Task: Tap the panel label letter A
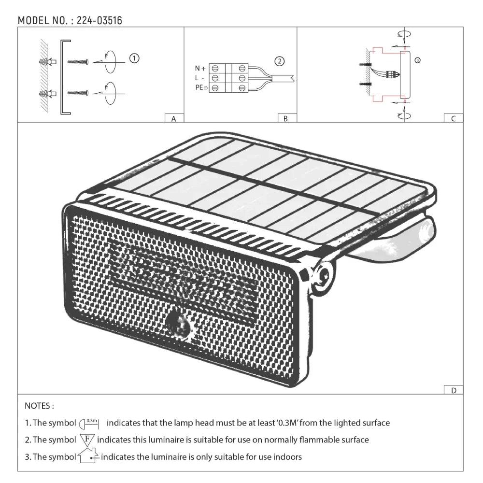[174, 118]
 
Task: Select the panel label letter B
[286, 118]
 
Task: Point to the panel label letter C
[453, 118]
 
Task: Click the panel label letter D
[453, 390]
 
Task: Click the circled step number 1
[135, 58]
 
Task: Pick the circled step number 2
[279, 61]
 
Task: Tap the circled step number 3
[418, 60]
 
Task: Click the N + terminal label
[200, 69]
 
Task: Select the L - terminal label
[199, 78]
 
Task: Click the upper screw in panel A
[77, 62]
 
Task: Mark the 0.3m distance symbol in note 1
[89, 423]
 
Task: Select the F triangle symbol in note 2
[87, 440]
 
